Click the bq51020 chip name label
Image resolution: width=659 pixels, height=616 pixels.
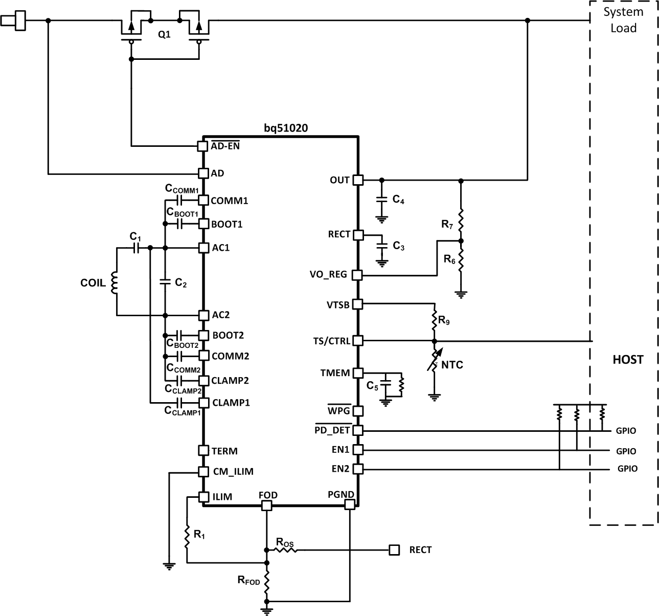[x=286, y=128]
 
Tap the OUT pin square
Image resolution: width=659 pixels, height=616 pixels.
[x=358, y=180]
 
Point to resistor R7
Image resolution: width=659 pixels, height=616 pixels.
[x=461, y=219]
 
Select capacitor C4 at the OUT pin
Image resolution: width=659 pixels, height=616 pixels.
[x=381, y=200]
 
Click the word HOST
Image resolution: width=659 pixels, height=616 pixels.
[x=628, y=360]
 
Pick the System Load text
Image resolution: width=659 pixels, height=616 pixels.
[x=623, y=20]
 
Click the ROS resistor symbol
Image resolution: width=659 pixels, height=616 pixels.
[x=284, y=550]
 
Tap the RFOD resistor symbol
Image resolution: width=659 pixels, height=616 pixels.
[x=266, y=581]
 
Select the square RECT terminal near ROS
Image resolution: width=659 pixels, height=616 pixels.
[x=394, y=550]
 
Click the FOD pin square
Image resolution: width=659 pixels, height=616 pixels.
[x=266, y=505]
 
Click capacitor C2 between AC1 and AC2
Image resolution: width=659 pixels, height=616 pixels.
[x=165, y=281]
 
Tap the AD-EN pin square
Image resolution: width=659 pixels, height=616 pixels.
[x=202, y=146]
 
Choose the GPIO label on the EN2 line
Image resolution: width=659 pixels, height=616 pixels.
[x=627, y=469]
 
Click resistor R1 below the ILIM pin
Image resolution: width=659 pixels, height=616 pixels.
[x=187, y=536]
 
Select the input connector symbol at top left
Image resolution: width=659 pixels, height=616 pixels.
[x=14, y=21]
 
